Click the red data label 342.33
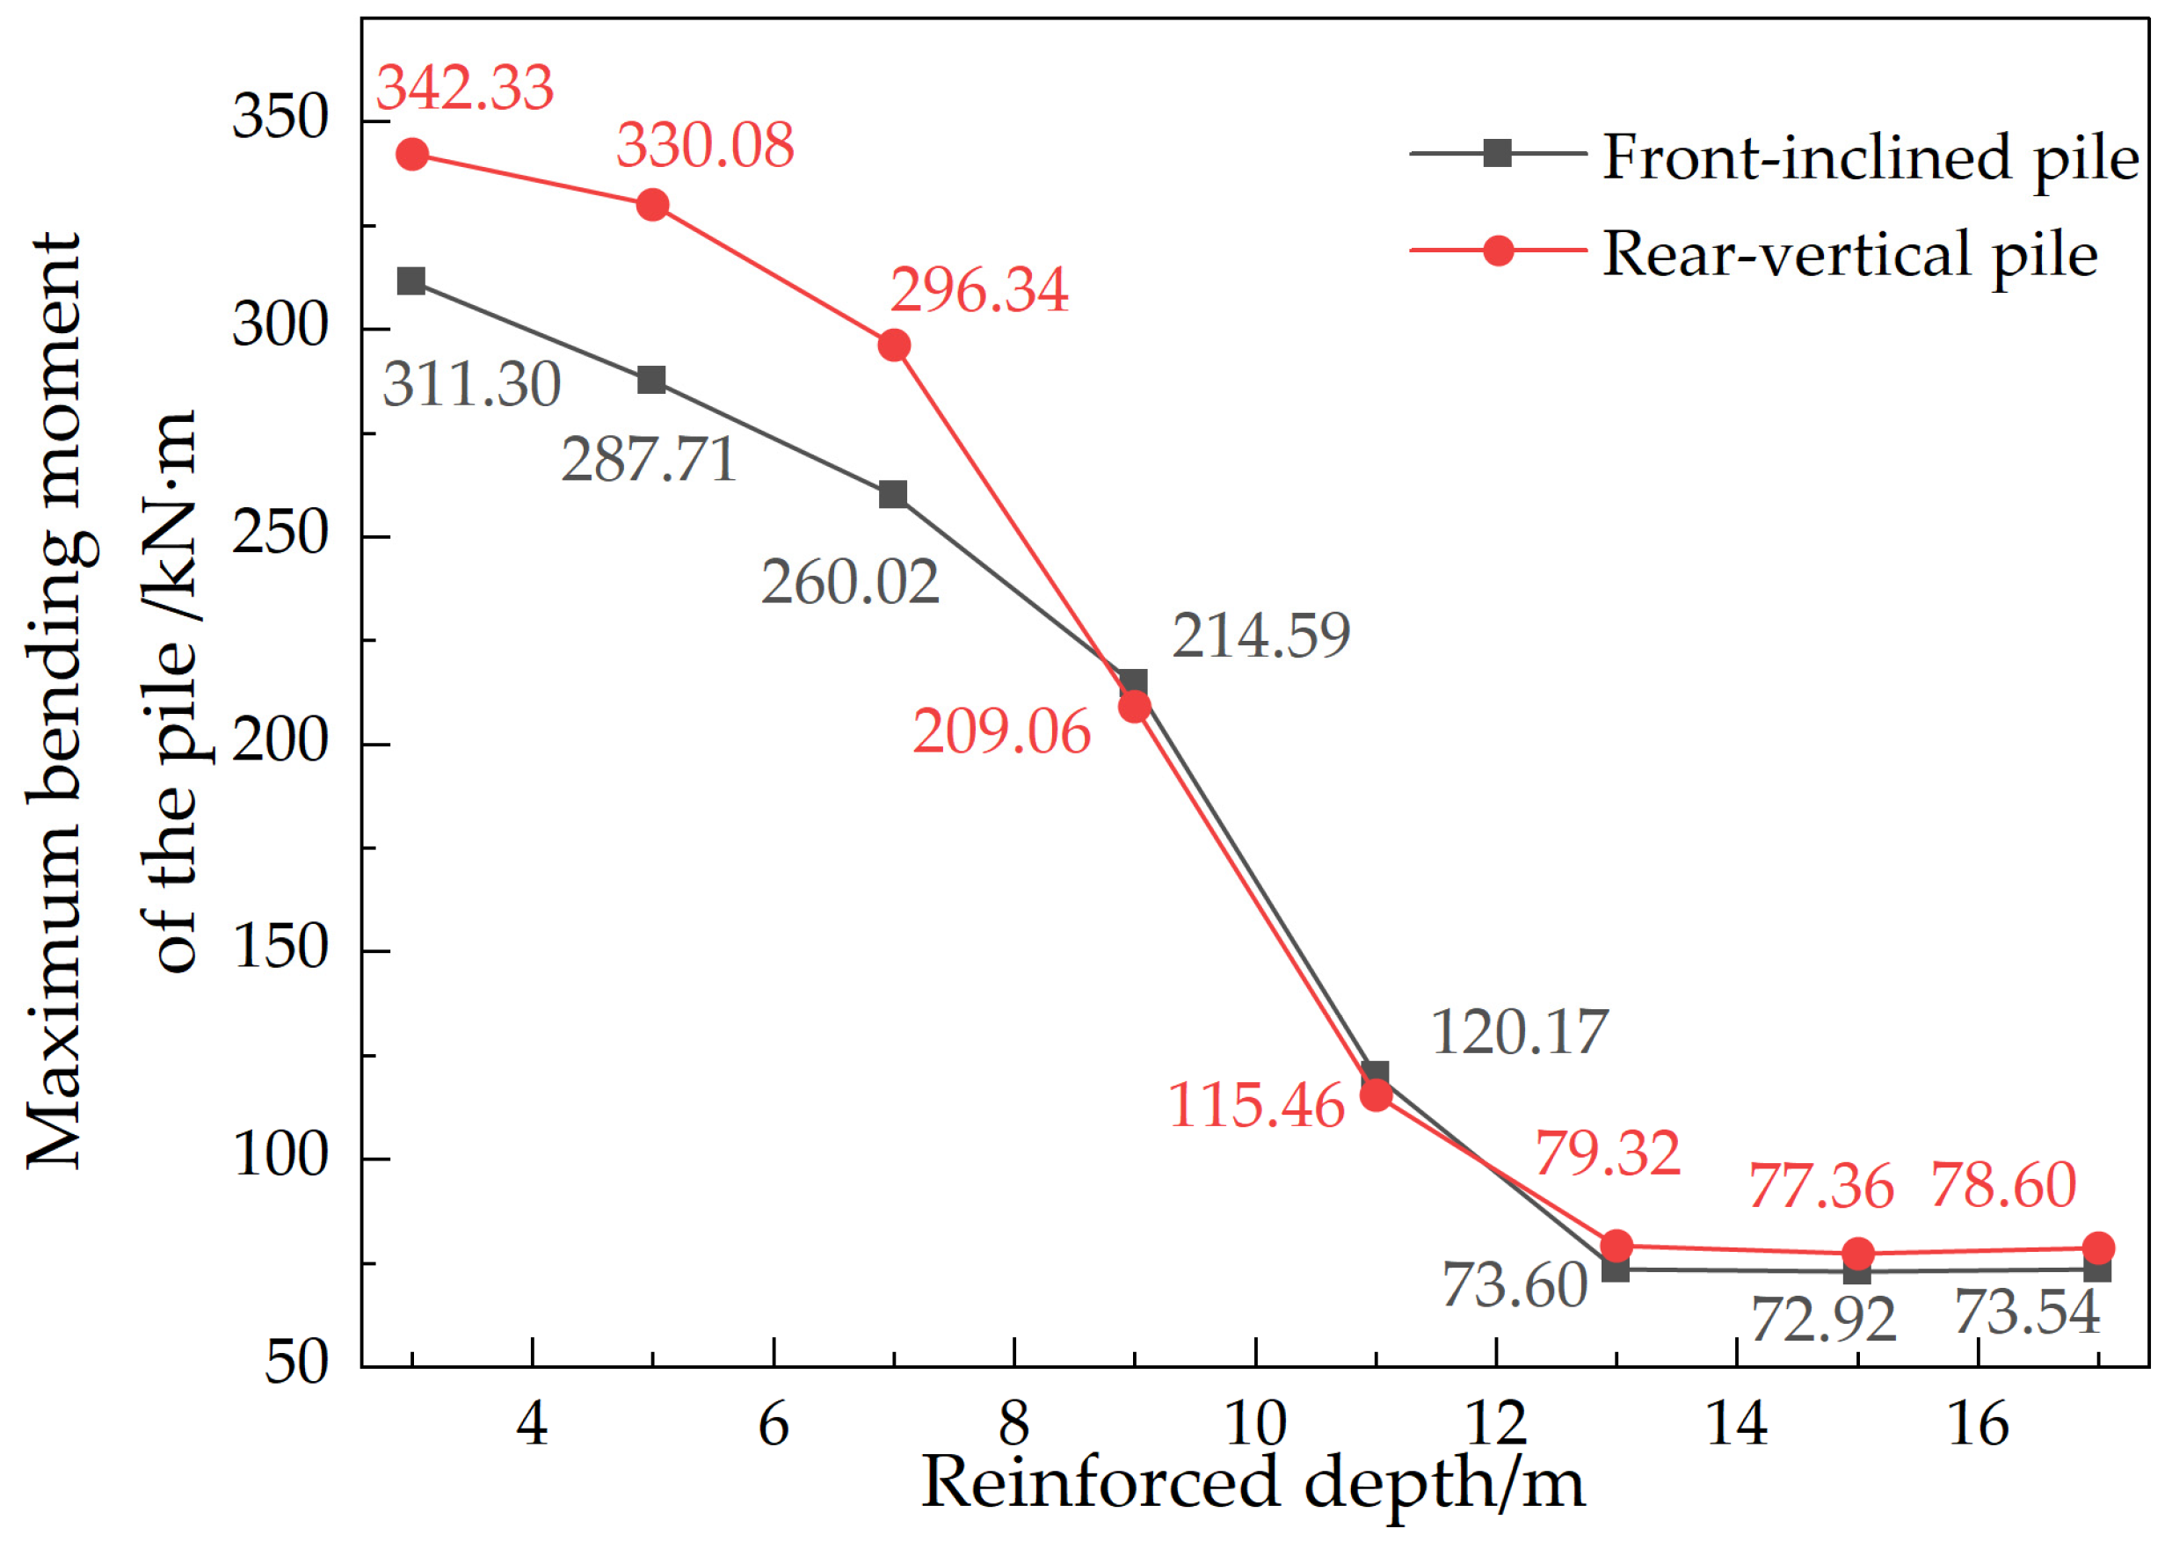[464, 88]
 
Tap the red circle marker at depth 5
[652, 205]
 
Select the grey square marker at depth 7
[893, 494]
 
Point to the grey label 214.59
[1260, 636]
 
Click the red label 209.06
[1001, 732]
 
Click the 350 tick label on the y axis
[280, 119]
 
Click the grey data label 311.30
[471, 384]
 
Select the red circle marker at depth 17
[2098, 1247]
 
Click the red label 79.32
[1608, 1153]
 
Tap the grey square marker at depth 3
[411, 281]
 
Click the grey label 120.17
[1520, 1032]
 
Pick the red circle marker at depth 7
[893, 345]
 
